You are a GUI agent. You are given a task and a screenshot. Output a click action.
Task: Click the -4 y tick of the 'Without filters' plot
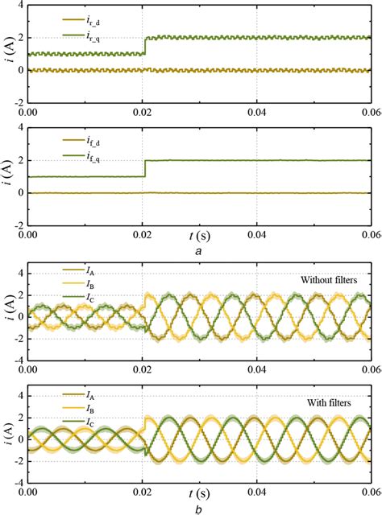point(19,359)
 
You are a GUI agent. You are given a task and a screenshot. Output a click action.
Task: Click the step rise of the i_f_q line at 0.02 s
point(144,168)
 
